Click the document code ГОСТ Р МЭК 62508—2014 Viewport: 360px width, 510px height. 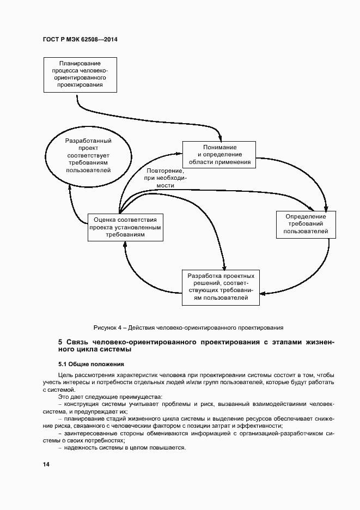[x=80, y=40]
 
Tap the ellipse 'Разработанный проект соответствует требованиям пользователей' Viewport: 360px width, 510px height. [x=88, y=155]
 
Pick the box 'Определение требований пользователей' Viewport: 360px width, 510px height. [x=306, y=224]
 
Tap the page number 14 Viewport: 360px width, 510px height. [x=46, y=464]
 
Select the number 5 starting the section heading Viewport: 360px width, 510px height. [x=60, y=342]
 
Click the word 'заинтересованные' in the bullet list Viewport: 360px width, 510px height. [x=88, y=433]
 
